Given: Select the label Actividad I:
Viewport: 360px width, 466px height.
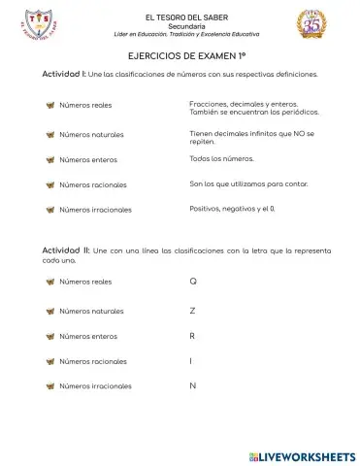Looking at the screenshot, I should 63,74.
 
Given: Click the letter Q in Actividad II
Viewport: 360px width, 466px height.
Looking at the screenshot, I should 193,282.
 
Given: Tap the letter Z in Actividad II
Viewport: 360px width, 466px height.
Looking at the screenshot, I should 193,311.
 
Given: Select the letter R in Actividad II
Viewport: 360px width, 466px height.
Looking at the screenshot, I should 193,336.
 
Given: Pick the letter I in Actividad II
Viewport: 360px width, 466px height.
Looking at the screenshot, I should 192,361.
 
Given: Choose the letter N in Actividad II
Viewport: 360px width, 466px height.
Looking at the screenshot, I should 193,386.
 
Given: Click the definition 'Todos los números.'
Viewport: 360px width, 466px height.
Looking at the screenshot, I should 222,157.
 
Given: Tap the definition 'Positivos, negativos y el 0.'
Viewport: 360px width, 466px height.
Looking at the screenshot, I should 232,208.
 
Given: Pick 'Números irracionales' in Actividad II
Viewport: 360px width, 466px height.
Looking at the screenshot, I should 95,386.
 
